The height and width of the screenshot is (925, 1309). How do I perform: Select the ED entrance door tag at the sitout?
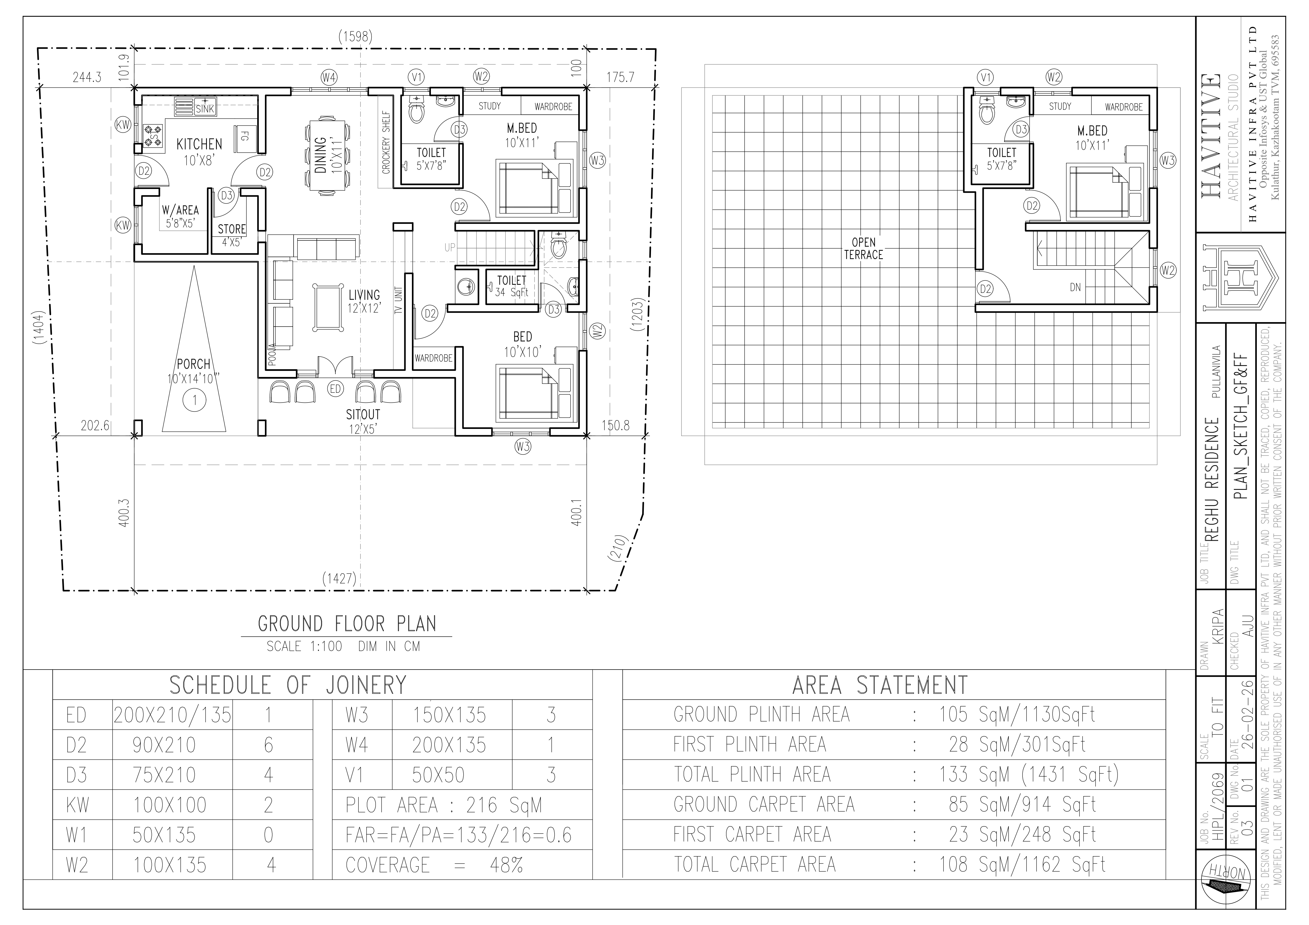point(335,389)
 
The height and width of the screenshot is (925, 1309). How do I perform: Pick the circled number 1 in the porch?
point(194,400)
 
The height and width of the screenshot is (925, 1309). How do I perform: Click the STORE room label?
point(232,229)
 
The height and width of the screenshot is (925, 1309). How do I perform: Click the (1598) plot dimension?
point(355,37)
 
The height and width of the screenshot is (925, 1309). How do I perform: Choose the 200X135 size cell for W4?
point(449,745)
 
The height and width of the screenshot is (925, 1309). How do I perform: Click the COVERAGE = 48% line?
point(434,865)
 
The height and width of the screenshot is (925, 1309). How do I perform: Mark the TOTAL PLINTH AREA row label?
point(752,774)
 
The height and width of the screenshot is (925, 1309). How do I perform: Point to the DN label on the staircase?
point(1075,287)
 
